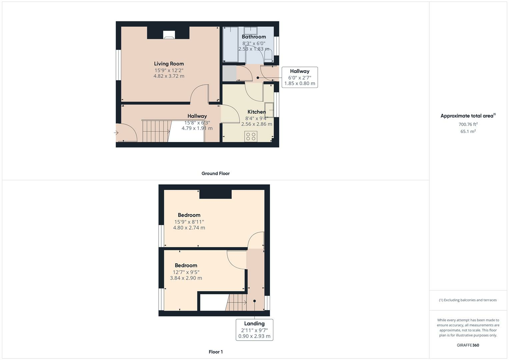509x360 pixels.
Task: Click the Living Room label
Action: (169, 64)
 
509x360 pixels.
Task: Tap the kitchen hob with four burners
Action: (251, 136)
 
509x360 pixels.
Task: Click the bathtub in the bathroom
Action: (230, 44)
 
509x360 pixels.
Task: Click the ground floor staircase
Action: (156, 131)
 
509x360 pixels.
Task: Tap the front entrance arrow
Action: (116, 133)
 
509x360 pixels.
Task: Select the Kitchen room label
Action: (256, 112)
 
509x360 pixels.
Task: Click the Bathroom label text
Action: (254, 37)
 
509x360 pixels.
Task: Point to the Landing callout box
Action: (254, 330)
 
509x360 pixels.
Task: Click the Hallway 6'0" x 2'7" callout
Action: (299, 77)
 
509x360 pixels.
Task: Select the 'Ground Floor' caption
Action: (215, 173)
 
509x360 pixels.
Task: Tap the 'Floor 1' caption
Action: (215, 352)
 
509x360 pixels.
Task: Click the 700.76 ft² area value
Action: (468, 124)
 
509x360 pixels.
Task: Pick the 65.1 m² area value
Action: (468, 131)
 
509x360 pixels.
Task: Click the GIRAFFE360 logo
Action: (468, 345)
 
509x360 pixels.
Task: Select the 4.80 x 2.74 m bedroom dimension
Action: (189, 228)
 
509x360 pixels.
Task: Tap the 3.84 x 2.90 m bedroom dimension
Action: (186, 278)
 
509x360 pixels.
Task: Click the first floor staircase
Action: (237, 302)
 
